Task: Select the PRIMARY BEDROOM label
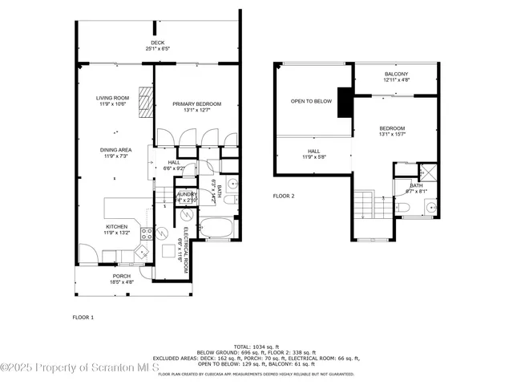[196, 103]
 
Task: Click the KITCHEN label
[117, 227]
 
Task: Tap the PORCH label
[121, 276]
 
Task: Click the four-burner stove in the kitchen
[147, 234]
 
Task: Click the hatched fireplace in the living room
[144, 102]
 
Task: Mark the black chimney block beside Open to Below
[345, 102]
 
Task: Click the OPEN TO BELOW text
[311, 101]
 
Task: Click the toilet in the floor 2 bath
[403, 209]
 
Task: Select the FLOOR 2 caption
[284, 196]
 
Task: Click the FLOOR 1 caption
[83, 318]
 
